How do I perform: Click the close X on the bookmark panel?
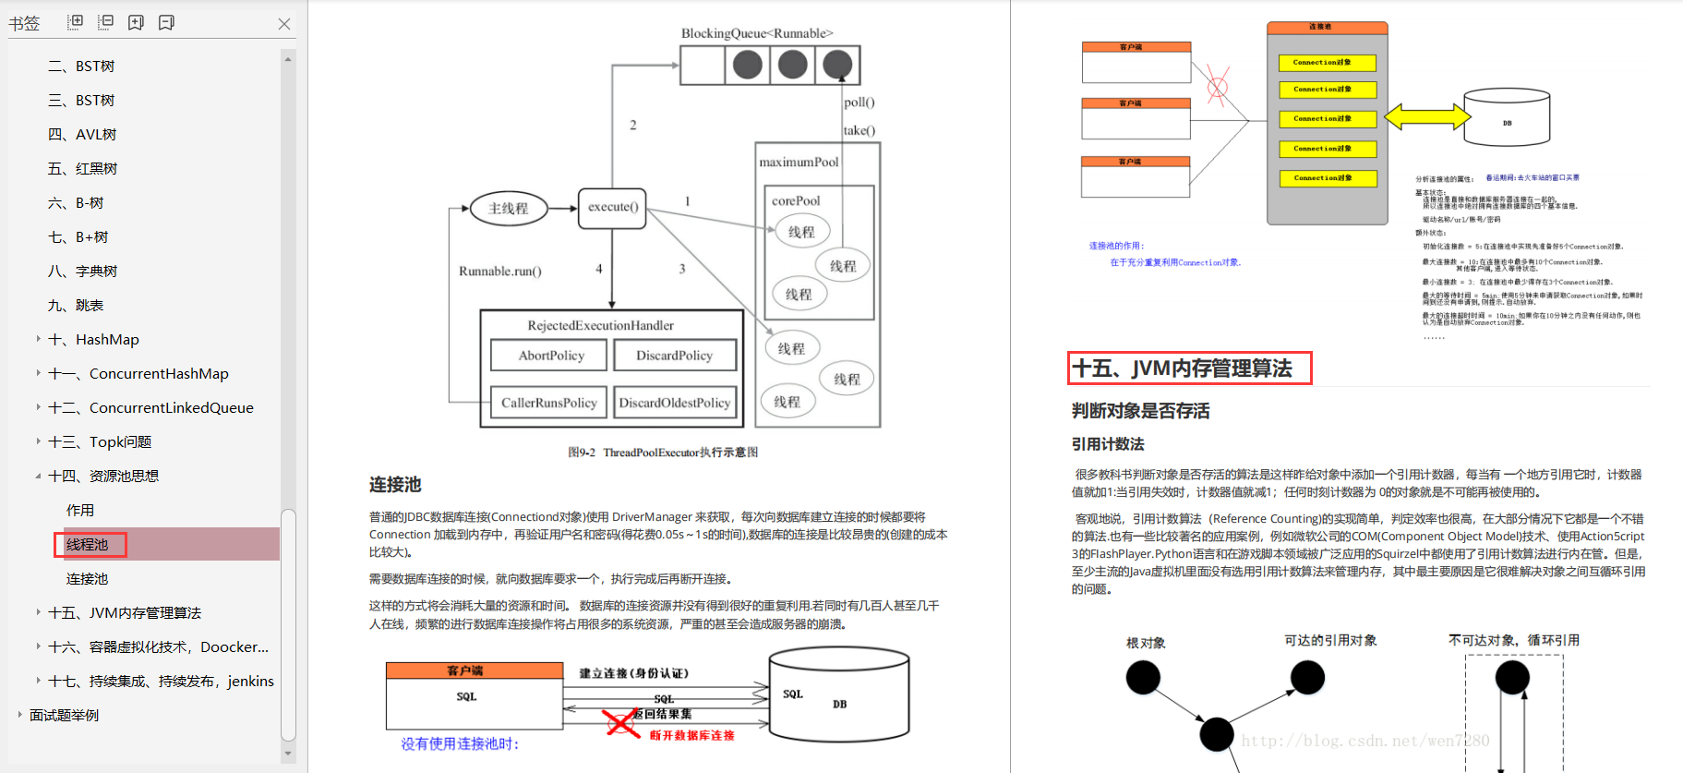pos(284,24)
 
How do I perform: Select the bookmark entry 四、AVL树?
pos(82,135)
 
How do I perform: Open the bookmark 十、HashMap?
pos(107,340)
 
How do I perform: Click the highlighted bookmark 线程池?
pos(88,545)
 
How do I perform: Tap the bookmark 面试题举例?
pos(64,716)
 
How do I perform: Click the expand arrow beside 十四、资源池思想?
pos(38,477)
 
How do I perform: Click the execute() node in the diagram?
pos(613,207)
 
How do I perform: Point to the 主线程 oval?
pos(508,209)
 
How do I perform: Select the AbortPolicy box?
pos(550,356)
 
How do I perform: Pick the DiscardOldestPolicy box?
pos(674,403)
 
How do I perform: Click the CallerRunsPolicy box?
pos(548,403)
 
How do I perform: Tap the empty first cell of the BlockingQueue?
pos(703,66)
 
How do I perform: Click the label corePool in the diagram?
pos(796,200)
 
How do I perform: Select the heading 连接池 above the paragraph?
pos(395,485)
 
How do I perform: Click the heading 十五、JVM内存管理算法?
pos(1188,368)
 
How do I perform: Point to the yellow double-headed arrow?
pos(1427,116)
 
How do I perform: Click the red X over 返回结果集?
pos(622,722)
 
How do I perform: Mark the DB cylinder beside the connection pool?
pos(1507,117)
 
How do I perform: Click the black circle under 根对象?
pos(1143,679)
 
